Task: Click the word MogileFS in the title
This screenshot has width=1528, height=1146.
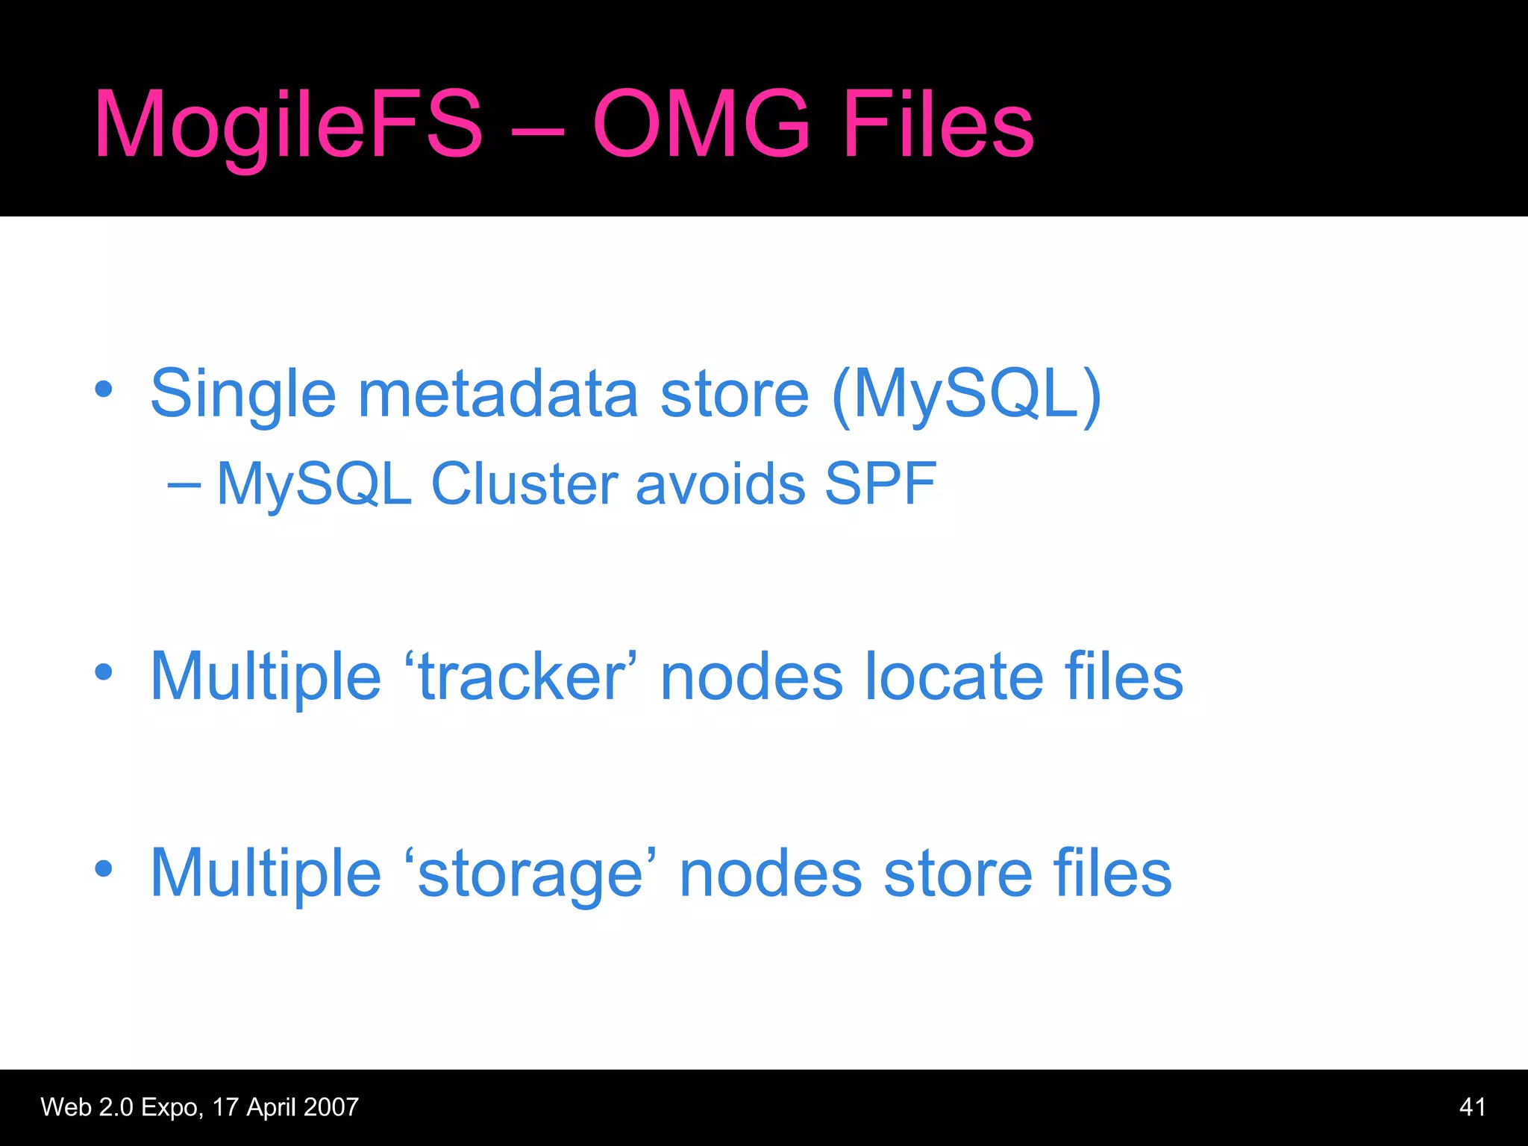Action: tap(289, 125)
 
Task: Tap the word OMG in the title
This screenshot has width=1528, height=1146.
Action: tap(701, 124)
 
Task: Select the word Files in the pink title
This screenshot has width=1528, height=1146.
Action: tap(938, 124)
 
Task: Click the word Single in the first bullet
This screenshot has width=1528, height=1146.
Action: tap(243, 395)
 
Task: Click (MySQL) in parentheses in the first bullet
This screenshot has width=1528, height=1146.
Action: tap(967, 395)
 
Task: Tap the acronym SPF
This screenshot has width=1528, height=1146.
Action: tap(880, 484)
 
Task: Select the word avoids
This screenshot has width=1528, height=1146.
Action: tap(721, 484)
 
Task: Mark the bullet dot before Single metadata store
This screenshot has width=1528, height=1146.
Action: tap(104, 389)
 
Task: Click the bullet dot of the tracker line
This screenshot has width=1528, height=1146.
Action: tap(104, 672)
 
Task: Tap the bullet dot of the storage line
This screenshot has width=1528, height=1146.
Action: tap(104, 868)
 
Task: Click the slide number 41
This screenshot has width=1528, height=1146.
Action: tap(1471, 1107)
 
